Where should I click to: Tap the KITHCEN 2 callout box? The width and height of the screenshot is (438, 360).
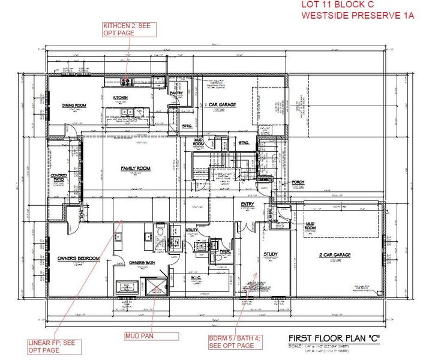click(129, 29)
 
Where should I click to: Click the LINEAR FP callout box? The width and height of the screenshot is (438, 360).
click(52, 346)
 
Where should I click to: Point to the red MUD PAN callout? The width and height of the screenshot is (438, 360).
click(139, 335)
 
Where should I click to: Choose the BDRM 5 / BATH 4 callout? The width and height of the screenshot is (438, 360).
click(235, 342)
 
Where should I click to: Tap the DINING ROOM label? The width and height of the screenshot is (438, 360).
click(75, 106)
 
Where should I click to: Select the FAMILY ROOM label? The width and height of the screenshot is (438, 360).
click(136, 168)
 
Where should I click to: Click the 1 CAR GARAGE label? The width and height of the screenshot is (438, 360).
click(221, 105)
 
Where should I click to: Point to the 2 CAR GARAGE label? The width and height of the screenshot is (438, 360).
click(334, 255)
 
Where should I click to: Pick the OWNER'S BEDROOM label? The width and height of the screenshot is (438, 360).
click(78, 259)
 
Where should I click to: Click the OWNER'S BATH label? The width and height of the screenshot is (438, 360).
click(143, 263)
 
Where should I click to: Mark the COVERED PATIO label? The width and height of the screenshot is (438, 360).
click(58, 178)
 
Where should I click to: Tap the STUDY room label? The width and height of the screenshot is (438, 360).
click(271, 254)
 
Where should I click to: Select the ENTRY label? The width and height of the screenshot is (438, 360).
click(247, 204)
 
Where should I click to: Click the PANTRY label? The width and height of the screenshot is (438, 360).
click(176, 94)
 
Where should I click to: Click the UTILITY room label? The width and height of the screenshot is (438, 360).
click(192, 230)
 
